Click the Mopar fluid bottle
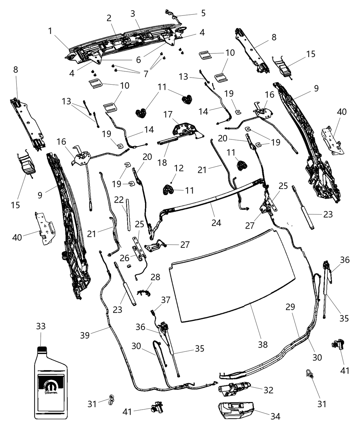click(x=51, y=384)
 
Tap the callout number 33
click(x=40, y=326)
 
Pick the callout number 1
click(x=50, y=31)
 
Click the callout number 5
click(x=203, y=13)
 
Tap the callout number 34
click(x=275, y=416)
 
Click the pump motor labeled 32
click(x=233, y=388)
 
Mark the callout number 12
click(x=179, y=168)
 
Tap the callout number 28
click(x=155, y=277)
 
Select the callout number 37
click(x=166, y=300)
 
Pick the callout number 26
click(x=124, y=256)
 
